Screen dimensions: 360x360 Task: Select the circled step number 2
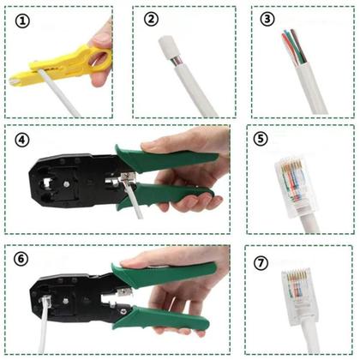pos(152,19)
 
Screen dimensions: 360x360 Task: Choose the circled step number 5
pos(261,140)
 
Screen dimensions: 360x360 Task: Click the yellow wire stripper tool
pos(60,67)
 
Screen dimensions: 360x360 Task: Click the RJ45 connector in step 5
pos(293,183)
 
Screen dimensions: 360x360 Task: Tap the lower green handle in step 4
pos(180,199)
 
